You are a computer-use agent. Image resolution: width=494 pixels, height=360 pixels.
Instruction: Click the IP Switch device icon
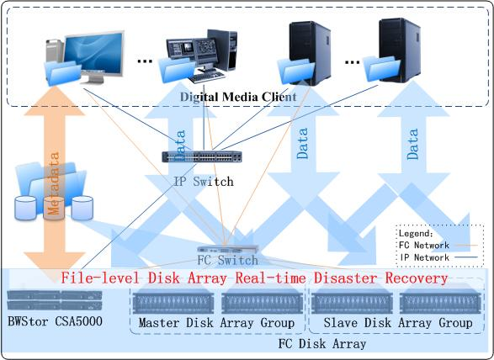(202, 156)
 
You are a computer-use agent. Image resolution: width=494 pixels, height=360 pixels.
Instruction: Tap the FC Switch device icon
(228, 249)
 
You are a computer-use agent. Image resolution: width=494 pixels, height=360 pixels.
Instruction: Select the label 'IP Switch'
(204, 182)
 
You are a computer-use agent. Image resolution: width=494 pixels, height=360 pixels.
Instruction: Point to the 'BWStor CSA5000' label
(56, 321)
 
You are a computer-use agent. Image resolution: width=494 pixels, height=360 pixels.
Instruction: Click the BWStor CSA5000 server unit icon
(55, 299)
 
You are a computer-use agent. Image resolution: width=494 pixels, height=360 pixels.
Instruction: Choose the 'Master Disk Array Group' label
(217, 323)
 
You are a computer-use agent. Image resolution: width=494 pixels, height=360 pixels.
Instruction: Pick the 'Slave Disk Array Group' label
(398, 323)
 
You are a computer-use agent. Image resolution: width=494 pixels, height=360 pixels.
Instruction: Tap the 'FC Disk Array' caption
(322, 344)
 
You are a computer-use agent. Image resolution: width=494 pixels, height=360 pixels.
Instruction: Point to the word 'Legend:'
(416, 233)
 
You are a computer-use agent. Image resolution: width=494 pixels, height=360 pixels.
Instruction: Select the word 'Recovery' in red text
(417, 278)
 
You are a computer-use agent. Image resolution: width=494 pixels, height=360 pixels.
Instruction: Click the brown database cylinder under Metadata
(54, 208)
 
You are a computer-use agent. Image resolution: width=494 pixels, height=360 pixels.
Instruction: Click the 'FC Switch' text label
(228, 261)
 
